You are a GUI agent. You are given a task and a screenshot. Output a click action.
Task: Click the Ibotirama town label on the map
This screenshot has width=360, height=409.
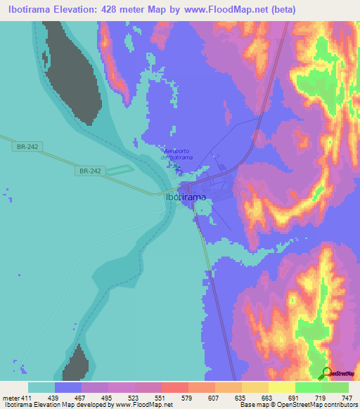pos(186,197)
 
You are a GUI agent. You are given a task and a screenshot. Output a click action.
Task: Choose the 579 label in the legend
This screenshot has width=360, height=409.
pos(188,398)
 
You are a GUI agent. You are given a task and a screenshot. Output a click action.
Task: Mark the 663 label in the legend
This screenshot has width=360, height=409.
pos(266,398)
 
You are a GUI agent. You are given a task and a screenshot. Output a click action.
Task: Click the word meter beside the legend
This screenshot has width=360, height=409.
pos(11,398)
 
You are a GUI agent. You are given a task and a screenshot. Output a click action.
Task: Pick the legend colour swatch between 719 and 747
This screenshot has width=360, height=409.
pos(335,387)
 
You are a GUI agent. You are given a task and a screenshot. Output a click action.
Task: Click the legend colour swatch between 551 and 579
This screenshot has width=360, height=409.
pos(175,387)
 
